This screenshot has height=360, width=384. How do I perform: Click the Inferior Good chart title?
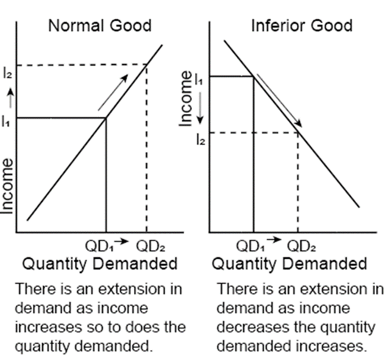[301, 26]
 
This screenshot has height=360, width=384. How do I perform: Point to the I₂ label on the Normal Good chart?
[7, 73]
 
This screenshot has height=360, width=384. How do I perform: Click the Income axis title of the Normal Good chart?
[7, 185]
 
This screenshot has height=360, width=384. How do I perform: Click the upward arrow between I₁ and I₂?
[7, 97]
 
